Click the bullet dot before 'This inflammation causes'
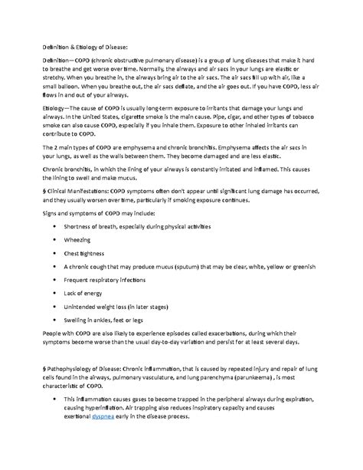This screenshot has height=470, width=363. click(x=51, y=417)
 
